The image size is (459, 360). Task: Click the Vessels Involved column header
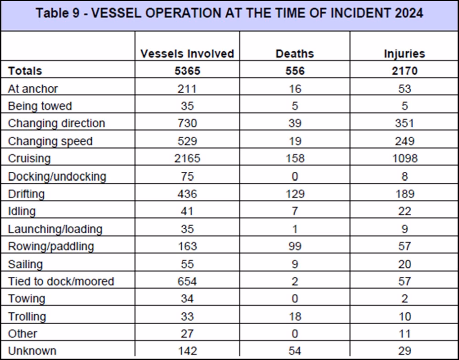pos(187,54)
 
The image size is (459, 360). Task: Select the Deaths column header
pos(295,54)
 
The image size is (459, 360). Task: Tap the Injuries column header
pos(404,54)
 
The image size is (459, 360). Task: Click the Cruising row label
pos(29,158)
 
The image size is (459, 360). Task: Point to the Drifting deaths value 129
pos(295,194)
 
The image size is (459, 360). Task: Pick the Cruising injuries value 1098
pos(404,158)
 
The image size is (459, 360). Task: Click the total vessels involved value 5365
pos(187,71)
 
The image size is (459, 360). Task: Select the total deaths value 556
pos(295,71)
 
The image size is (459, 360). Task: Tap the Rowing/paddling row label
pos(51,246)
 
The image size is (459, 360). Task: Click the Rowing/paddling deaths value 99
pos(295,246)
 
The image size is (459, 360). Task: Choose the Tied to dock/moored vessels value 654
pos(187,281)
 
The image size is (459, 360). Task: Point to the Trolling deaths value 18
pos(295,317)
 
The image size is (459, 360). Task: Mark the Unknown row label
pos(32,351)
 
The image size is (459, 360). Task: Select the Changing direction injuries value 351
pos(404,124)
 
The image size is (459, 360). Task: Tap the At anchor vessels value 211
pos(187,89)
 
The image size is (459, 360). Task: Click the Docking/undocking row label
pos(57,177)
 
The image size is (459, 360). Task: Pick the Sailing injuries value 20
pos(404,264)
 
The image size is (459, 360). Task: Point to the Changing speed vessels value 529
pos(187,141)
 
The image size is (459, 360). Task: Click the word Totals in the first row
pos(25,71)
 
